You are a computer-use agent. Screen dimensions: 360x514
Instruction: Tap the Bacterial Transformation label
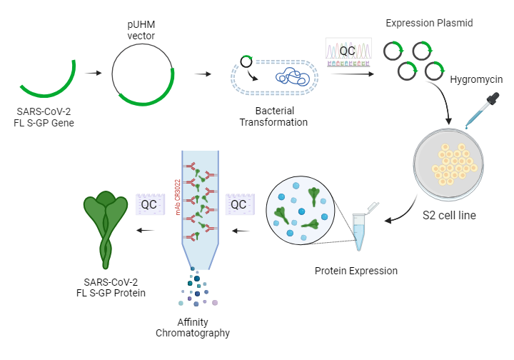pyautogui.click(x=273, y=116)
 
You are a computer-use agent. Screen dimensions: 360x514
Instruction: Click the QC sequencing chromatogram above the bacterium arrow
pyautogui.click(x=347, y=51)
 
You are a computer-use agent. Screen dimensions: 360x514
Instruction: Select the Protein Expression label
pyautogui.click(x=356, y=271)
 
